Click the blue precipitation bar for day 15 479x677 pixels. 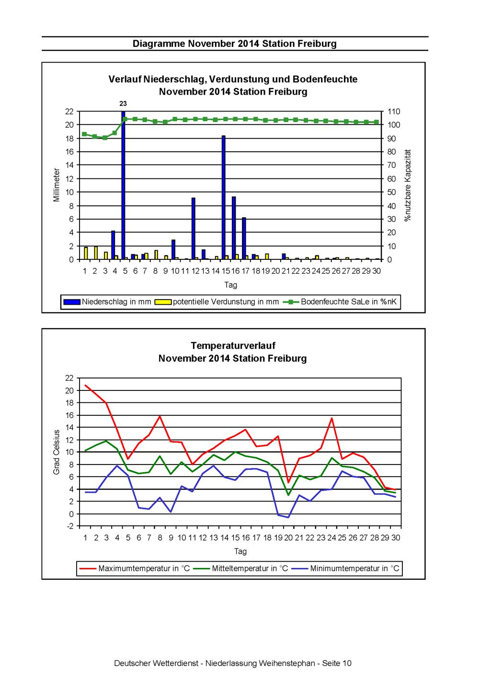(x=223, y=197)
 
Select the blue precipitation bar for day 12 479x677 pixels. (x=193, y=229)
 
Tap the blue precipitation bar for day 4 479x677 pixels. (x=113, y=245)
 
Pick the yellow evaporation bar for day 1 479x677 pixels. (x=86, y=253)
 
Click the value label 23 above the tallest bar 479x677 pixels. (x=123, y=104)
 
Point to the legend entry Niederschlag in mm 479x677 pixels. (x=107, y=301)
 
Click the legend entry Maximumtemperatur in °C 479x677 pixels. (x=135, y=568)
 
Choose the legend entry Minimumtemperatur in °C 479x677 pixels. (x=345, y=568)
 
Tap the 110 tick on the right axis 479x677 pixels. (x=394, y=111)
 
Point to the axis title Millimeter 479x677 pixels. (x=57, y=185)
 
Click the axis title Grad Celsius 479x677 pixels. (x=56, y=452)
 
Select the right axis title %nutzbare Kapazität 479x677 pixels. (x=408, y=185)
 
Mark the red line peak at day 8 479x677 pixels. (x=160, y=416)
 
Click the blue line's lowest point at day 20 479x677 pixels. (x=288, y=517)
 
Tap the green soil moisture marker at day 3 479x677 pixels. (x=105, y=138)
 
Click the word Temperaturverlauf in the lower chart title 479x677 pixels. (x=233, y=345)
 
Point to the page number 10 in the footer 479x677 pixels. (x=346, y=663)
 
